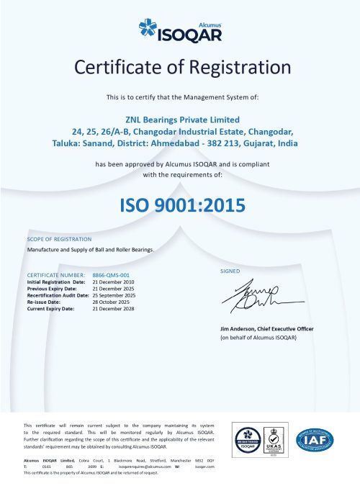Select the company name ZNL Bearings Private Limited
point(179,119)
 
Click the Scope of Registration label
point(59,238)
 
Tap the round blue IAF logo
point(315,439)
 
